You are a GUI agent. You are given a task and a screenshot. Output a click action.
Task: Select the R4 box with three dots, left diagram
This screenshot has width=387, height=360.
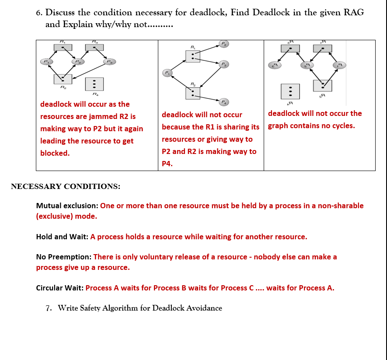pyautogui.click(x=94, y=84)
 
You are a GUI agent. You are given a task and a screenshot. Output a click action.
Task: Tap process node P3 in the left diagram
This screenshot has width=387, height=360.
pyautogui.click(x=109, y=62)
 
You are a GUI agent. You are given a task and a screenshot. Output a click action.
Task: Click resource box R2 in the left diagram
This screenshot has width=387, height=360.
pyautogui.click(x=63, y=79)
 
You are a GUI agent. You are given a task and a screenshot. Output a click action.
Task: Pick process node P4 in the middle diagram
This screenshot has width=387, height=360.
pyautogui.click(x=224, y=102)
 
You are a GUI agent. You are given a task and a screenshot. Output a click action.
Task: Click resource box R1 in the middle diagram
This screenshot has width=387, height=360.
pyautogui.click(x=193, y=56)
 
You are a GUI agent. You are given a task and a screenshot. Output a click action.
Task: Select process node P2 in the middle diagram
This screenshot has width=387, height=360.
pyautogui.click(x=223, y=44)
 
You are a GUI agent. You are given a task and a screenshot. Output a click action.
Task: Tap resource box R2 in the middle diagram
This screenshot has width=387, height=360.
pyautogui.click(x=193, y=93)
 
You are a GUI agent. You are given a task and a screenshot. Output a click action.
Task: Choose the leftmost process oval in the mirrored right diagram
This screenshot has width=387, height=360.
pyautogui.click(x=275, y=65)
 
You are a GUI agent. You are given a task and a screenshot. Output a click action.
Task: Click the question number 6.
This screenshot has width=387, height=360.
pyautogui.click(x=39, y=13)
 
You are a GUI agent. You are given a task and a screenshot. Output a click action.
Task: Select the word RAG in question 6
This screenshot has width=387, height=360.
pyautogui.click(x=354, y=13)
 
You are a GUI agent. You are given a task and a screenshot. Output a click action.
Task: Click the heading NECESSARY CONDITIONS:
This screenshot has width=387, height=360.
pyautogui.click(x=66, y=187)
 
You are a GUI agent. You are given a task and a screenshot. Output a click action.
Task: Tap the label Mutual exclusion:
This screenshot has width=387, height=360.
pyautogui.click(x=67, y=206)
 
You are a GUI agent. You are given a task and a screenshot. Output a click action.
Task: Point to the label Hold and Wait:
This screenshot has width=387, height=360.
pyautogui.click(x=63, y=237)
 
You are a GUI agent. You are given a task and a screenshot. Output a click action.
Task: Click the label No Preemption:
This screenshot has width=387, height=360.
pyautogui.click(x=63, y=257)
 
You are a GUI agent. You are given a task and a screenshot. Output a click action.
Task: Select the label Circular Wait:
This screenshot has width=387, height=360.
pyautogui.click(x=60, y=288)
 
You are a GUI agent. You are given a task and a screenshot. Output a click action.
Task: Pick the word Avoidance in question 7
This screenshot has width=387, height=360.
pyautogui.click(x=204, y=308)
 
